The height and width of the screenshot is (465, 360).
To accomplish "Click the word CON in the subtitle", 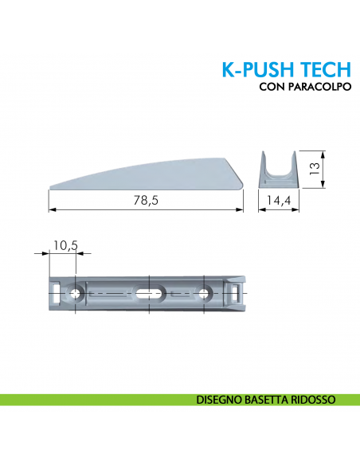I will (x=272, y=88).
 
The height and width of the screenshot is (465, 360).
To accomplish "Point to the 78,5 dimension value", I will (x=146, y=201).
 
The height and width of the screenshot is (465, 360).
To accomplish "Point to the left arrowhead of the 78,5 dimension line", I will (x=52, y=209).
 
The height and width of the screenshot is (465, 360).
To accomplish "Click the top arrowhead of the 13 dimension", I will (x=322, y=151).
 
